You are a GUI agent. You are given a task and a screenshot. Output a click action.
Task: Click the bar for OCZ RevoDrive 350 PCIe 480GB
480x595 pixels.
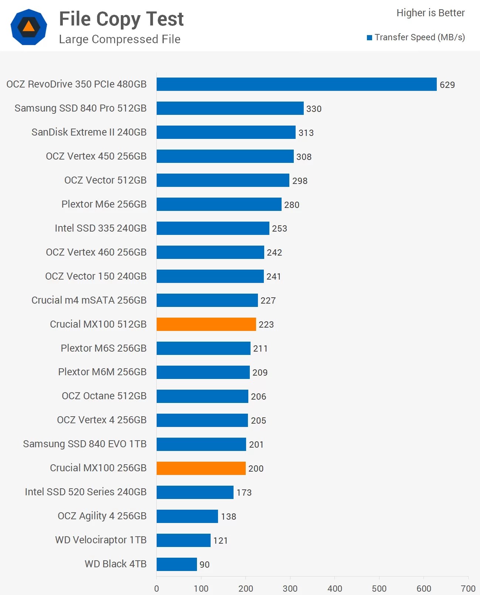pyautogui.click(x=296, y=84)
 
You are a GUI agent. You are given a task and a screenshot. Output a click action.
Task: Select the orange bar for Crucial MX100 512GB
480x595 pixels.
pyautogui.click(x=206, y=324)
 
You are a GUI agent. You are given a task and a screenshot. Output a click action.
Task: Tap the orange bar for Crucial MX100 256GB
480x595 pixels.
pyautogui.click(x=201, y=468)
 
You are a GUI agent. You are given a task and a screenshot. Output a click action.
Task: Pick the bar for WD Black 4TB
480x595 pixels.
pyautogui.click(x=177, y=564)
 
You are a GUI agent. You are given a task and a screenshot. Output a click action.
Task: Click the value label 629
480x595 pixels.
pyautogui.click(x=447, y=85)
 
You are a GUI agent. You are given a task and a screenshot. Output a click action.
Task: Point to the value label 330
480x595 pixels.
pyautogui.click(x=314, y=109)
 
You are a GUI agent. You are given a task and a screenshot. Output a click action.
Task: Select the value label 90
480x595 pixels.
pyautogui.click(x=204, y=565)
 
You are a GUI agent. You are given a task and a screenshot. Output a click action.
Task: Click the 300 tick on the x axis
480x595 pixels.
pyautogui.click(x=290, y=588)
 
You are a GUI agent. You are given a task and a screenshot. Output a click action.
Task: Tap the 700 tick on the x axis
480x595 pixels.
pyautogui.click(x=468, y=588)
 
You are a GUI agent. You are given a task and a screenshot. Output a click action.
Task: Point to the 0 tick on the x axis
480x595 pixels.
pyautogui.click(x=157, y=588)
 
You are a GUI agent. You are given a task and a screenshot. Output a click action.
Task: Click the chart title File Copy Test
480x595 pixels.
pyautogui.click(x=121, y=19)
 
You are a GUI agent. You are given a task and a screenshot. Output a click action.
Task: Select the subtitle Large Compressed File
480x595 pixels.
pyautogui.click(x=120, y=39)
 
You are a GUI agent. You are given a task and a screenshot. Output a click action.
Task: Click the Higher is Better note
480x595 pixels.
pyautogui.click(x=430, y=13)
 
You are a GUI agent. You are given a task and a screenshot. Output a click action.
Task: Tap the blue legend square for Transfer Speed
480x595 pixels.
pyautogui.click(x=369, y=38)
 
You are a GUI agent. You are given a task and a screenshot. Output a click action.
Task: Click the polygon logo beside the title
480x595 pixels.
pyautogui.click(x=29, y=27)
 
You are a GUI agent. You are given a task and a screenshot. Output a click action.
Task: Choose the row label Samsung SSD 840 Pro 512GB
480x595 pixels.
pyautogui.click(x=81, y=108)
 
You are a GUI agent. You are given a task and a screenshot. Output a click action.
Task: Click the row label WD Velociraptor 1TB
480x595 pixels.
pyautogui.click(x=101, y=540)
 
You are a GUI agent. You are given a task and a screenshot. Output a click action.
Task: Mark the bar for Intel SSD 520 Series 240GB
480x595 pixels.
pyautogui.click(x=195, y=492)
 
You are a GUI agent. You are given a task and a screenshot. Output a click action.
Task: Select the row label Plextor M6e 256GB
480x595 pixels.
pyautogui.click(x=104, y=204)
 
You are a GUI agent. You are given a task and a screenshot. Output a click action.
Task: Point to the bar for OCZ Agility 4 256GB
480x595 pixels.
pyautogui.click(x=187, y=516)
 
